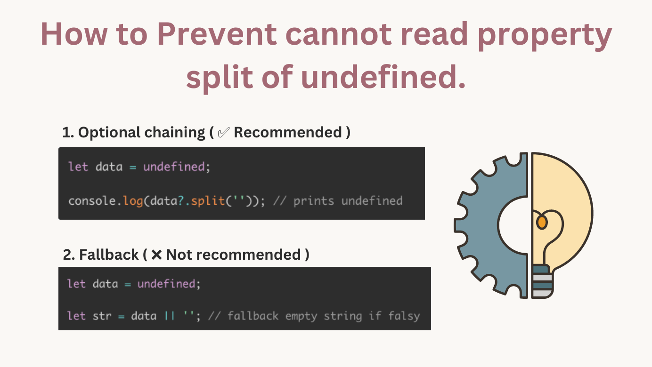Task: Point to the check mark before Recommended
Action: (223, 133)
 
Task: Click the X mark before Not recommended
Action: (157, 255)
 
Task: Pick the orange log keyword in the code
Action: (133, 201)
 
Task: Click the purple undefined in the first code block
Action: (174, 167)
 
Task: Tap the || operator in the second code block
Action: (169, 316)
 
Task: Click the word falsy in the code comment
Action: (404, 316)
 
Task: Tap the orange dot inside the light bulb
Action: (542, 222)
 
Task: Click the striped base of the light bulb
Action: (542, 282)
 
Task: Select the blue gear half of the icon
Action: (490, 226)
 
